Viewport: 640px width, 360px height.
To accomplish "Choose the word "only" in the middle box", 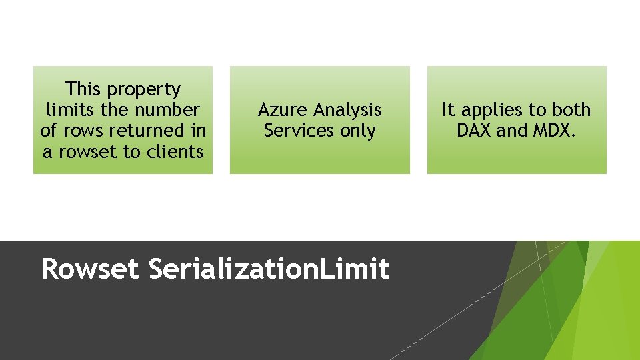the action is (358, 131).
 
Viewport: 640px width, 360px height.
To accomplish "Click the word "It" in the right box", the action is (448, 109).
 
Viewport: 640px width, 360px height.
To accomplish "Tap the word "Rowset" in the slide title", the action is (90, 269).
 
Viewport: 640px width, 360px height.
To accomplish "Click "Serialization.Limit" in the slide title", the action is (269, 269).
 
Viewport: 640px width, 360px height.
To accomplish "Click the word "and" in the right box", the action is (511, 131).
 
